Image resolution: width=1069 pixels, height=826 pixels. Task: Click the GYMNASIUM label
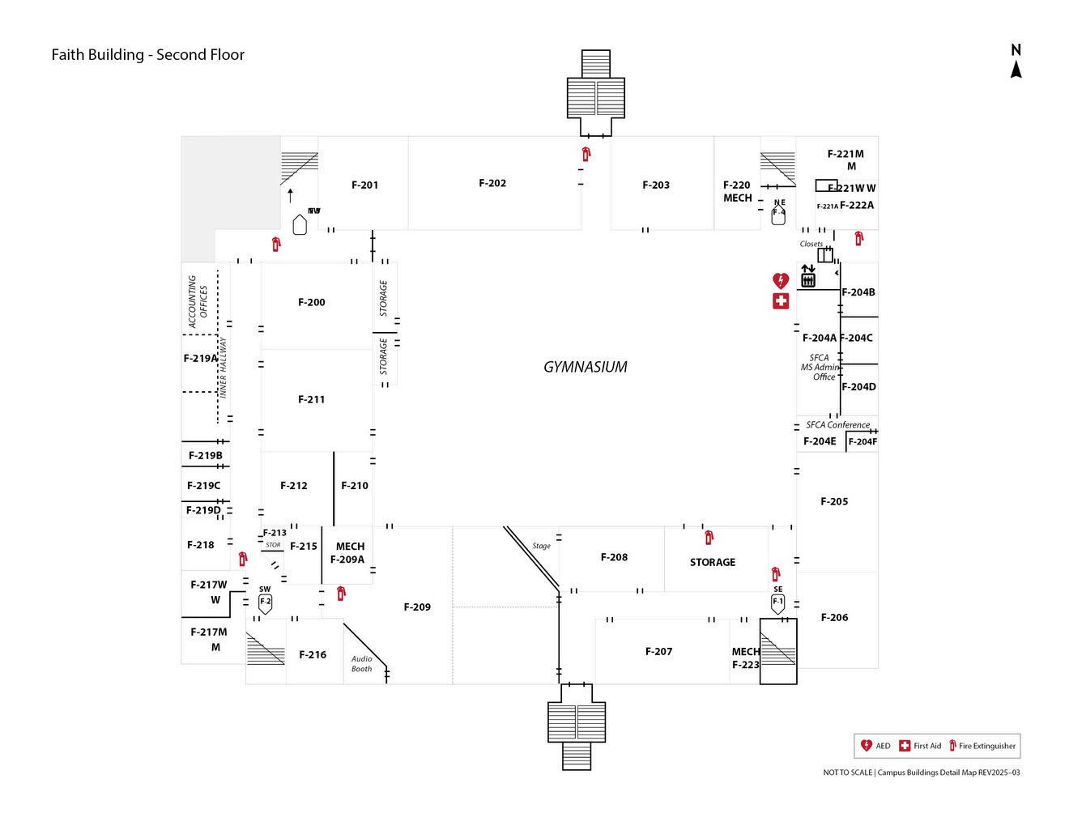pos(585,367)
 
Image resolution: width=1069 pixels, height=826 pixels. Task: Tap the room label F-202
pos(492,183)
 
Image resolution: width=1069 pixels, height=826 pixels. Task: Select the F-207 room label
pos(658,651)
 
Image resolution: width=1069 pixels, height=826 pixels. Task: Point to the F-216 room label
pos(313,654)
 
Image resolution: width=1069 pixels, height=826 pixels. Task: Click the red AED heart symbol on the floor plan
pos(780,281)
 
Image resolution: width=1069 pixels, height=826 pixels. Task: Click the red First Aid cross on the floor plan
pos(780,301)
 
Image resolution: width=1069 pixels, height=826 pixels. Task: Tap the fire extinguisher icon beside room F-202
pos(586,154)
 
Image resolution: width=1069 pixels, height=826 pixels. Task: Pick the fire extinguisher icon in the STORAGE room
pos(709,537)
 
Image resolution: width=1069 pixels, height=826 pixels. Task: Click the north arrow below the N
pos(1016,70)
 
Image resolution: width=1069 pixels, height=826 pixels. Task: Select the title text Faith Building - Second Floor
pos(147,55)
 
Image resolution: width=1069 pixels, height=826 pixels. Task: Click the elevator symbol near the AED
pos(807,276)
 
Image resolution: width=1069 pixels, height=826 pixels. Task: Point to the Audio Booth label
pos(362,664)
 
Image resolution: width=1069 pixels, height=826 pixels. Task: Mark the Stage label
pos(541,546)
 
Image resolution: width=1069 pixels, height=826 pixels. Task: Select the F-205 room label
pos(834,501)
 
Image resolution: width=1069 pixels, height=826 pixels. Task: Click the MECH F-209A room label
pos(349,552)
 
